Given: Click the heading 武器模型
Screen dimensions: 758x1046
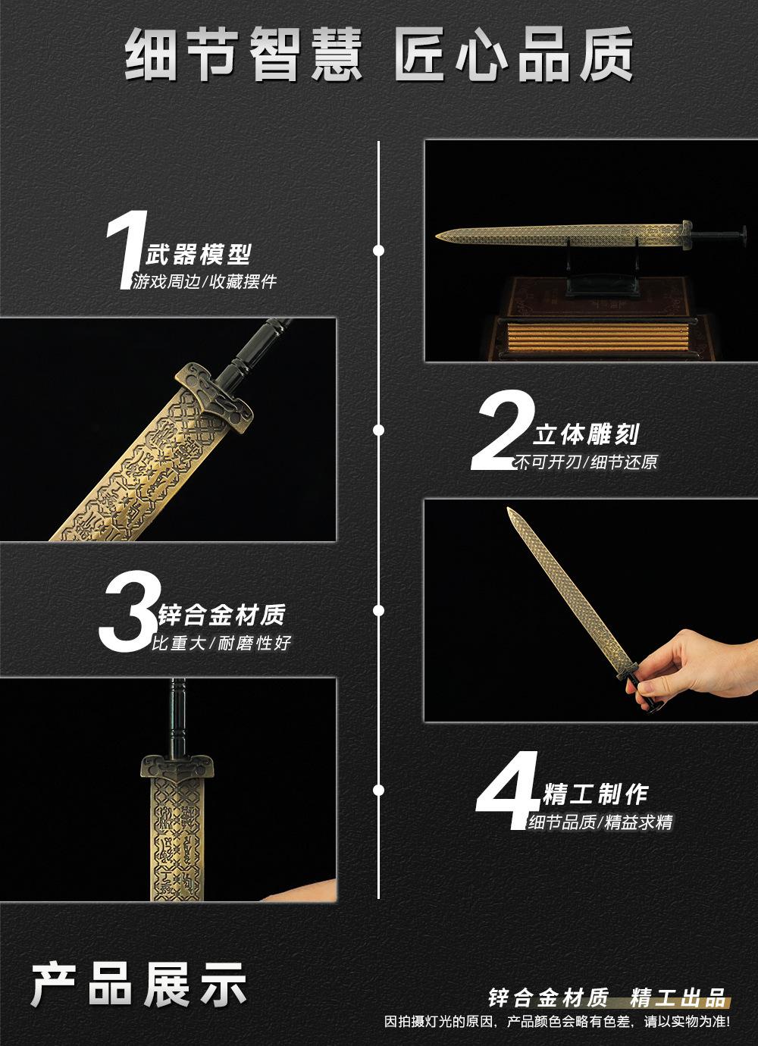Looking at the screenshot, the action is click(x=199, y=255).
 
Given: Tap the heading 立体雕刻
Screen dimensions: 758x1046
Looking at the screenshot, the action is click(x=586, y=434).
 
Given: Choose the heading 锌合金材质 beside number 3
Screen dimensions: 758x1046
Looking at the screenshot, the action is click(x=221, y=615).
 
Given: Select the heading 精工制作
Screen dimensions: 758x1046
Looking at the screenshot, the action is click(x=596, y=794).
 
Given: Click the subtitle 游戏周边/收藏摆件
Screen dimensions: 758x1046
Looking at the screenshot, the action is click(x=205, y=281).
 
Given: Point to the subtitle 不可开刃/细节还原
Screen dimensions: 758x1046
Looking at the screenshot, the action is click(x=586, y=462).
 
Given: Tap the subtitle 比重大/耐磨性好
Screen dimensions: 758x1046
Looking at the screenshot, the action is click(x=221, y=643).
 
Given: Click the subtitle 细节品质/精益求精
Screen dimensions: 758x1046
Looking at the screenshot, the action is click(x=600, y=822).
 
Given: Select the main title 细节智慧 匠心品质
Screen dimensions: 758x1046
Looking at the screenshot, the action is click(x=379, y=54).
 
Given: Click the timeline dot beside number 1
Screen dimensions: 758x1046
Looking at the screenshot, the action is click(x=379, y=250).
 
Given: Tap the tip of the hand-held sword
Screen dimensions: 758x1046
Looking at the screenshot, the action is click(x=509, y=509).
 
